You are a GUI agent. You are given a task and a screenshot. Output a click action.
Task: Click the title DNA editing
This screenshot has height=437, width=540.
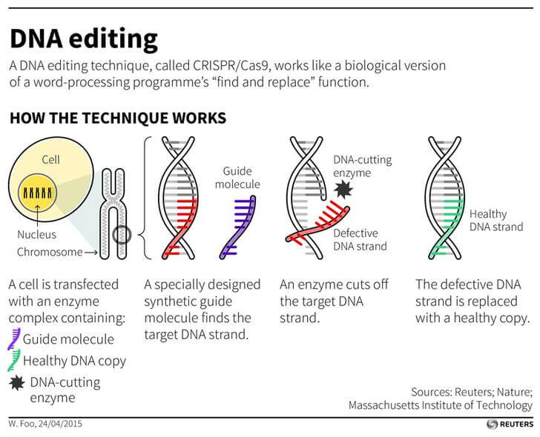coord(83,39)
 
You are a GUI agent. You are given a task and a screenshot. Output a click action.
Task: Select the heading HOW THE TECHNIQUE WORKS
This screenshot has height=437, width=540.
coord(118,119)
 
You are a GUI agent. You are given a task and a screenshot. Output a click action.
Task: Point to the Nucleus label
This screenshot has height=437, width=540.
coord(37,235)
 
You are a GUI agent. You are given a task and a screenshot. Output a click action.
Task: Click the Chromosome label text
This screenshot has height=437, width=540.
coord(49,253)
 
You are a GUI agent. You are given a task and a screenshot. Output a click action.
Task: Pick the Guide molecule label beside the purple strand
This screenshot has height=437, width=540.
coord(242,178)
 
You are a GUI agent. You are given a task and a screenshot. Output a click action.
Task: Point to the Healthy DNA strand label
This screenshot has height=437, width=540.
coord(496,221)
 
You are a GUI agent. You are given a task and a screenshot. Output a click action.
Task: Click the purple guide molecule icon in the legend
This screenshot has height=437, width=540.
coord(13,339)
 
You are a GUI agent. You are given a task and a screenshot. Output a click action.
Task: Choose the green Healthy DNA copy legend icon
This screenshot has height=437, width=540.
coord(13,361)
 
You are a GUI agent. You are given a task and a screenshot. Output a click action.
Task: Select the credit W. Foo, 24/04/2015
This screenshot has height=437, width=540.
coord(45,424)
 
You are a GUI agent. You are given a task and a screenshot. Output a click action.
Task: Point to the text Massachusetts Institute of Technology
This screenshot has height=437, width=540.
coord(441,405)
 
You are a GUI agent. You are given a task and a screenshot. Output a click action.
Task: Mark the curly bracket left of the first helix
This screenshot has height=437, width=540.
coord(146,197)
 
